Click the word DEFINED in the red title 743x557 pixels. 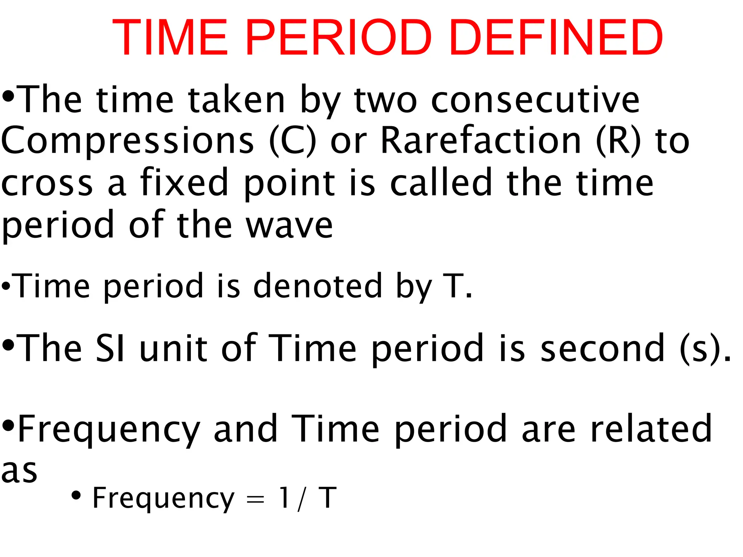coord(556,38)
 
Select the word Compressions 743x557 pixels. coord(128,141)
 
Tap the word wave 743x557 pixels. coord(289,226)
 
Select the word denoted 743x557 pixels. coord(318,286)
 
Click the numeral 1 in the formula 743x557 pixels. coord(284,498)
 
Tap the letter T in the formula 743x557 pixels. coord(328,498)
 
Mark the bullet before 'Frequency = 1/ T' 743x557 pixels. coord(76,495)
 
